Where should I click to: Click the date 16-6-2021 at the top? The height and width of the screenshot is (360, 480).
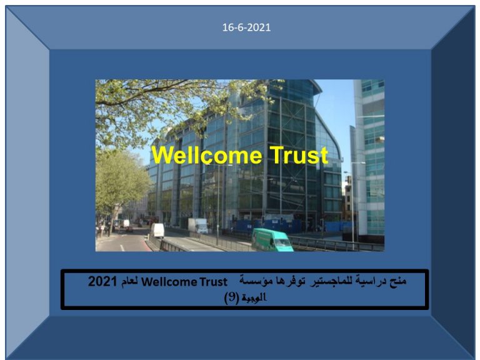pyautogui.click(x=246, y=27)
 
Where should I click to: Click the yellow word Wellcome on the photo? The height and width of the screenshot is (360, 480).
pyautogui.click(x=207, y=155)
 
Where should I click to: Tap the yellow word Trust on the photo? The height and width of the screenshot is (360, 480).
pyautogui.click(x=299, y=155)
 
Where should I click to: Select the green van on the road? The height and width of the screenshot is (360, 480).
pyautogui.click(x=272, y=240)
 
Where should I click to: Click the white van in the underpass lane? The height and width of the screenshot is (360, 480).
pyautogui.click(x=157, y=230)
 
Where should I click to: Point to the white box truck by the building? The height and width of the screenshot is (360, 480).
pyautogui.click(x=197, y=226)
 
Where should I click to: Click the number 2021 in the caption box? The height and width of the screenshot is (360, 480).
pyautogui.click(x=102, y=281)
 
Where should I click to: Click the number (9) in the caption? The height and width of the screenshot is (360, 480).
pyautogui.click(x=231, y=297)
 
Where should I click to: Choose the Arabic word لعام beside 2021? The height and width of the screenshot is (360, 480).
pyautogui.click(x=129, y=282)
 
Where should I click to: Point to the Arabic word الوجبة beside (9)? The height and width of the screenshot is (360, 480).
pyautogui.click(x=254, y=297)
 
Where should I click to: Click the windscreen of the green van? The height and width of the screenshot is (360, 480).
pyautogui.click(x=282, y=242)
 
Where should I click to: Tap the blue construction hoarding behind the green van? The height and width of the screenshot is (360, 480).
pyautogui.click(x=266, y=225)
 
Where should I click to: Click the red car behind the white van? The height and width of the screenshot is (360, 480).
pyautogui.click(x=129, y=229)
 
